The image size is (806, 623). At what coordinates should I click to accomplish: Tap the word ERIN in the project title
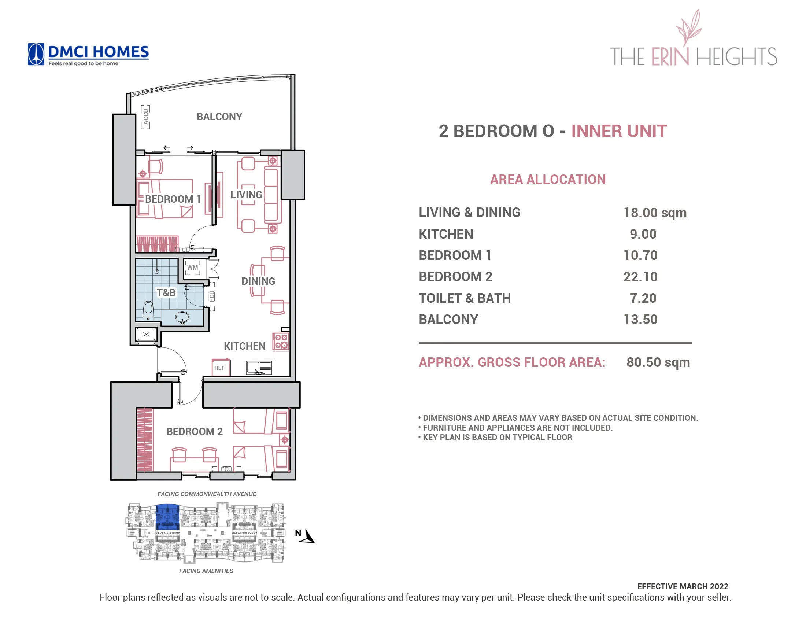click(x=670, y=57)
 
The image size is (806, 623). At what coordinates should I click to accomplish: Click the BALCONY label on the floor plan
click(x=219, y=117)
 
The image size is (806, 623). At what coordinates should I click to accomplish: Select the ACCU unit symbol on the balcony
click(x=145, y=117)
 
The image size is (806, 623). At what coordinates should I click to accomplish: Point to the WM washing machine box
click(x=192, y=268)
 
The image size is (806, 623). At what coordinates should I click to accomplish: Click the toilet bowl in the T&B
click(x=148, y=310)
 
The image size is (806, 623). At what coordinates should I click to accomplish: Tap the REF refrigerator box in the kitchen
click(x=219, y=368)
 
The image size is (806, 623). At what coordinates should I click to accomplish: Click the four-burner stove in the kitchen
click(x=281, y=342)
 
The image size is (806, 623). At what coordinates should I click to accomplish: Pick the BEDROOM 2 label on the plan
click(x=195, y=431)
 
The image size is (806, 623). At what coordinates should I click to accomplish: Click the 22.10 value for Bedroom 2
click(x=640, y=277)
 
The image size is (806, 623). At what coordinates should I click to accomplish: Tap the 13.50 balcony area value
click(x=640, y=320)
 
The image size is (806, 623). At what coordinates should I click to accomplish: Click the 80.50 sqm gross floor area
click(x=658, y=362)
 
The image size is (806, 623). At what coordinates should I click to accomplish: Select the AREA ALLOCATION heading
click(x=548, y=180)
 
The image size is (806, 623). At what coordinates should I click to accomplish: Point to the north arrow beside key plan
click(x=308, y=536)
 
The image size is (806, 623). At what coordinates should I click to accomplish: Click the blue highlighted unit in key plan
click(x=167, y=517)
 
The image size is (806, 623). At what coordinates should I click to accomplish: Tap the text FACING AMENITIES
click(x=206, y=571)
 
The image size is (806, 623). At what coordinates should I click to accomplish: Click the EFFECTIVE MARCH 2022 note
click(x=683, y=586)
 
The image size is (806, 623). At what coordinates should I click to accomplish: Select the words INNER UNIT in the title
click(x=619, y=132)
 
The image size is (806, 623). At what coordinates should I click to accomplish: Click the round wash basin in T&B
click(x=182, y=317)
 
